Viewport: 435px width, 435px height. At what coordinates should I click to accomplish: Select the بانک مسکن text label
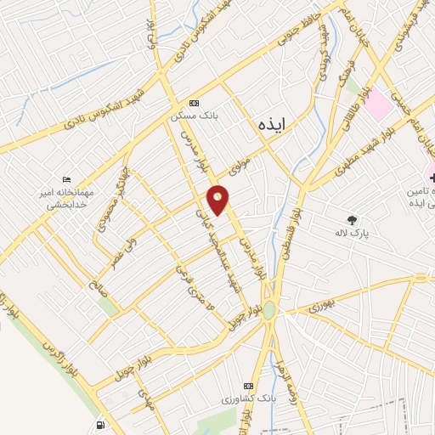click(x=193, y=114)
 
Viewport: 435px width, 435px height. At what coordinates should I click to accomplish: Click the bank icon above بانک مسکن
click(x=194, y=101)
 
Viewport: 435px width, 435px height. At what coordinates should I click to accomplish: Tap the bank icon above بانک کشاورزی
click(x=248, y=385)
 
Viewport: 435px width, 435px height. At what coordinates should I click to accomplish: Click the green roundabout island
click(x=269, y=311)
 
